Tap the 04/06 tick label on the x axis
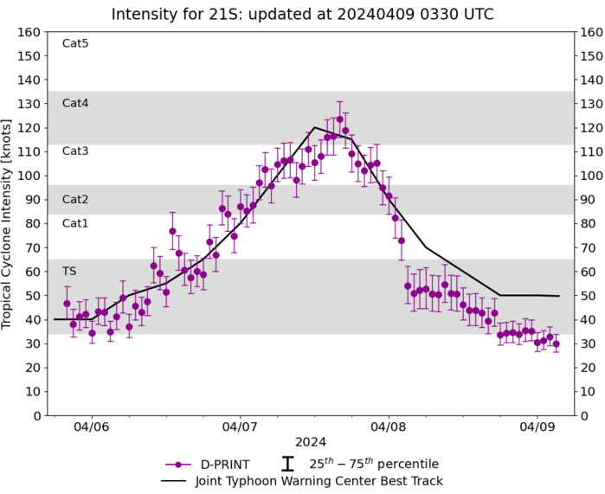pos(92,427)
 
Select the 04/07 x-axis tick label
pos(240,427)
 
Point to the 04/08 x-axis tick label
pos(388,427)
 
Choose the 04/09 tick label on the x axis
pos(536,427)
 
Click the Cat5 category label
pos(75,43)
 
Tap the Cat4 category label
pos(75,103)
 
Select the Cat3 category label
pos(75,151)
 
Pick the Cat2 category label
pos(75,199)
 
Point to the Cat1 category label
pos(75,223)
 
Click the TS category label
pos(69,271)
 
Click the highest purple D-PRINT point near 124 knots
pos(339,119)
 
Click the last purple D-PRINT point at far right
pos(556,343)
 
